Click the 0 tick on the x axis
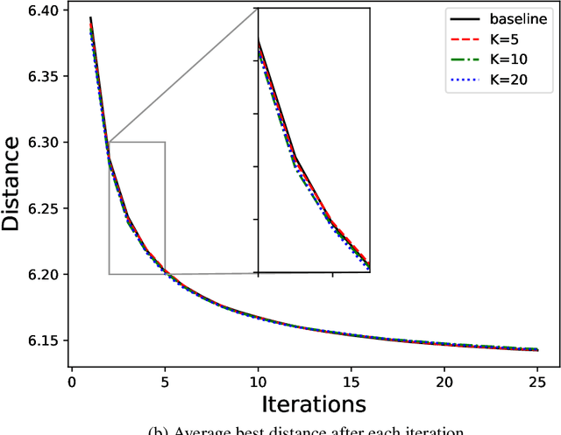pos(72,382)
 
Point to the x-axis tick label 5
pos(165,382)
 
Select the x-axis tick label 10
pos(258,382)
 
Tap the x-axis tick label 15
pos(351,382)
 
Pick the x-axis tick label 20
pos(444,382)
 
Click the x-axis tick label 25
pos(536,382)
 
